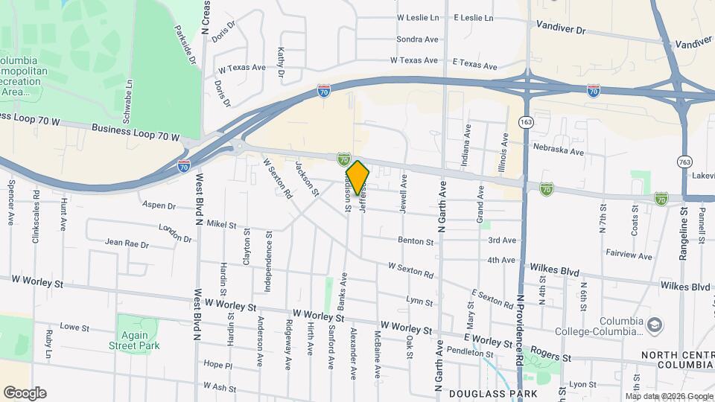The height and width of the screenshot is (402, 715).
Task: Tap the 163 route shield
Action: pos(527,121)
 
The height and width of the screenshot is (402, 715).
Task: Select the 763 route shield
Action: pos(685,161)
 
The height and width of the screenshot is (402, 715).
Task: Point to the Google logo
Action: pos(25,393)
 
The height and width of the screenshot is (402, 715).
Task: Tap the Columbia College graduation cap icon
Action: pos(654,325)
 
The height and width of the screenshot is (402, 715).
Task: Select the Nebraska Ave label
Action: pos(559,150)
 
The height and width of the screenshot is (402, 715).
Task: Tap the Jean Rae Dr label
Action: pos(127,243)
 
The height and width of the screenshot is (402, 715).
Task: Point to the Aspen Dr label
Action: pos(158,205)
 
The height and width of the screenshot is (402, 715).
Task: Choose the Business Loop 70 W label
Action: pos(136,132)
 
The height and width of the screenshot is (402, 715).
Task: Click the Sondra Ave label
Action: pos(417,39)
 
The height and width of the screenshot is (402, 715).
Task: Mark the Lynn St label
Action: pos(420,302)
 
